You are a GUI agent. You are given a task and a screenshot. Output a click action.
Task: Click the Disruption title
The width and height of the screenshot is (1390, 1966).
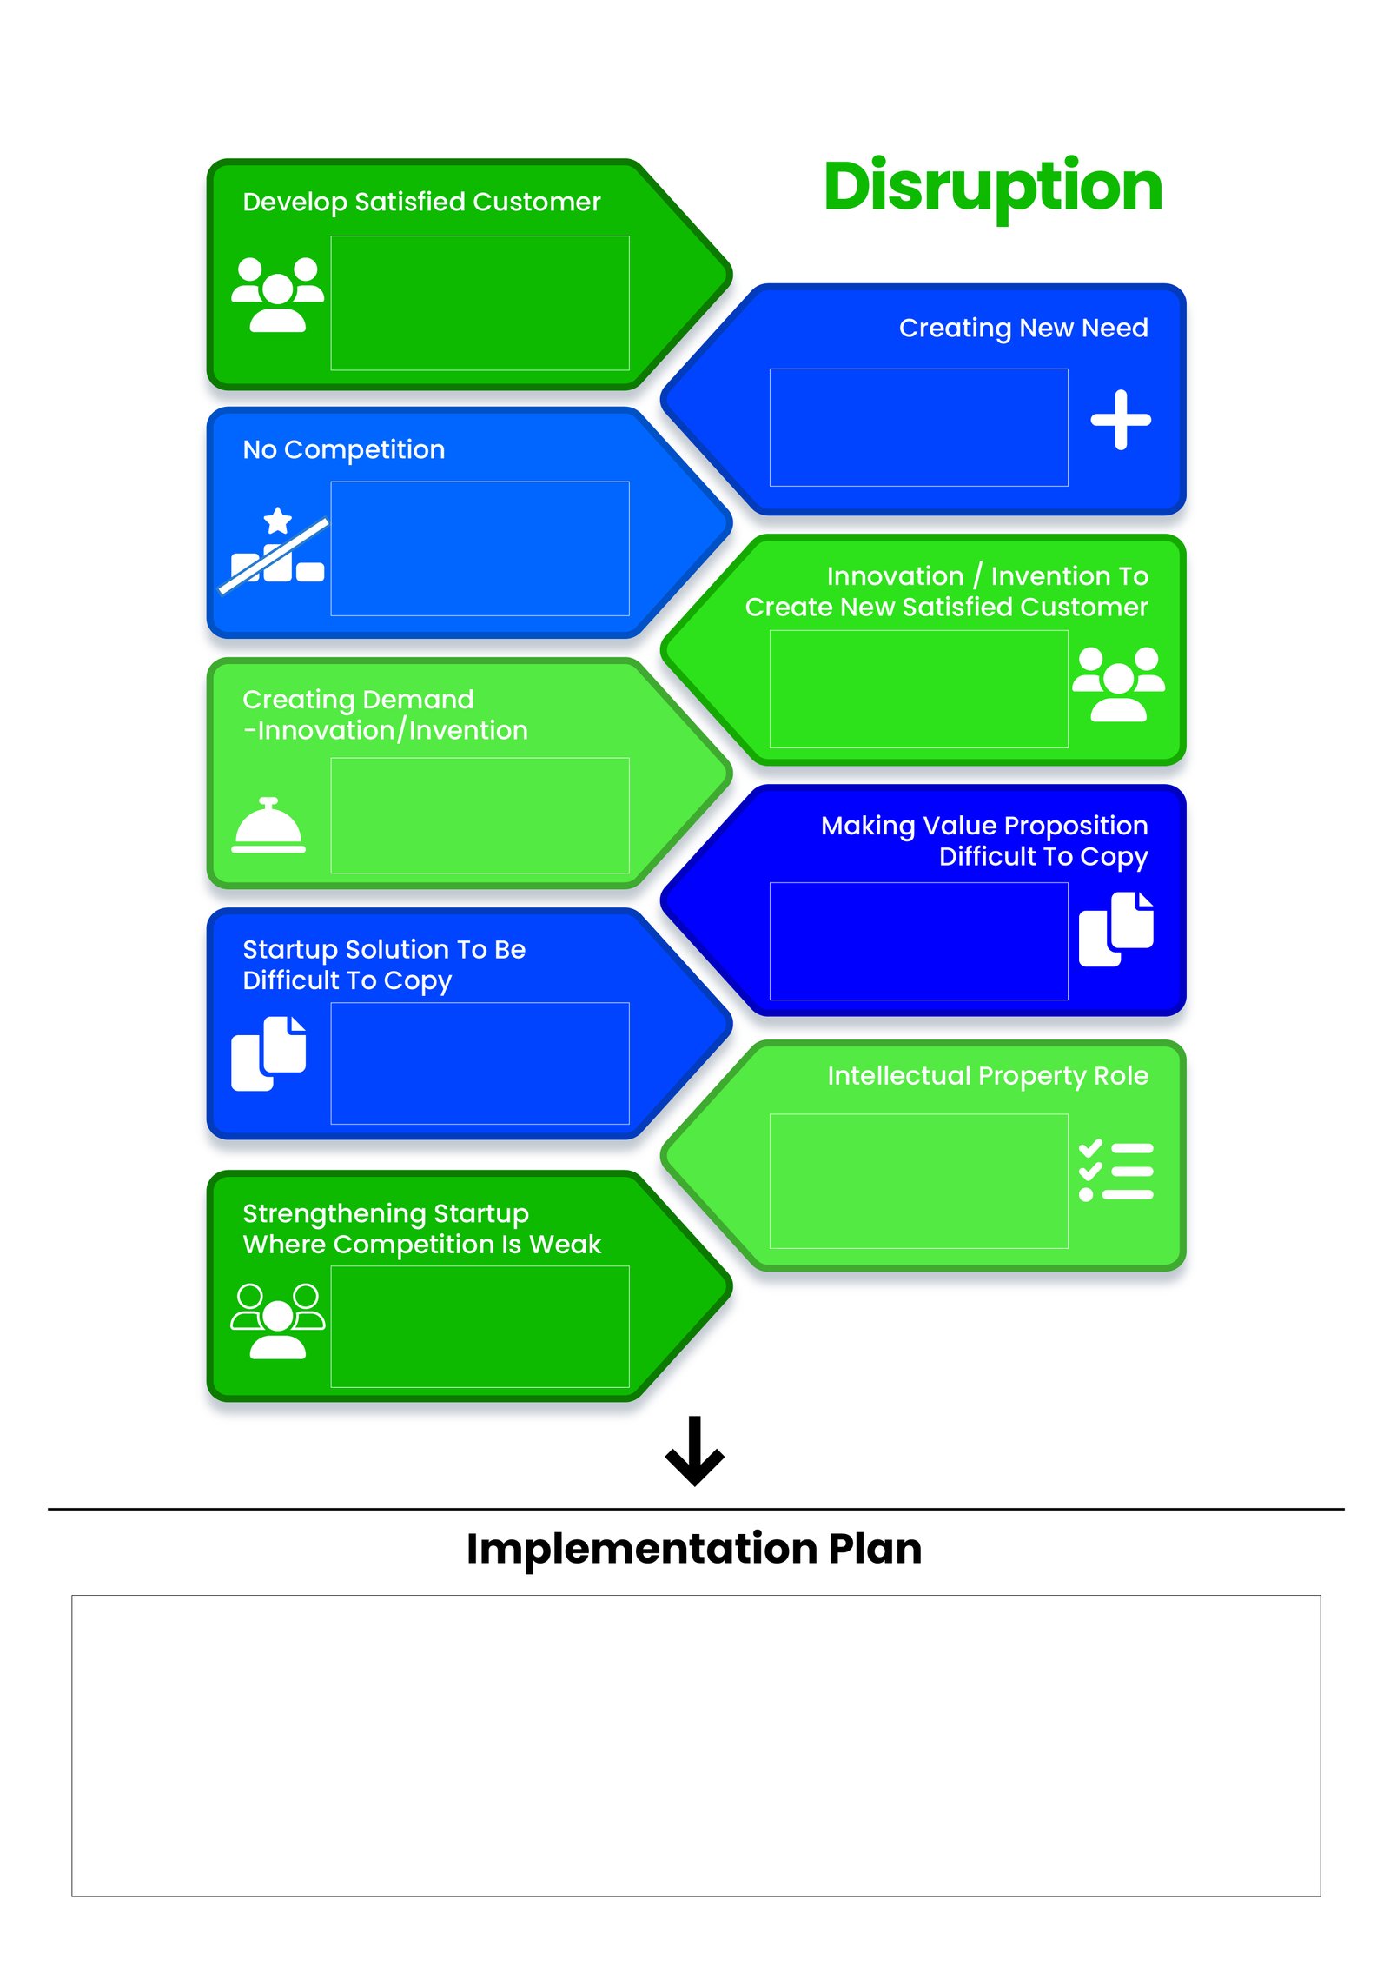(x=992, y=188)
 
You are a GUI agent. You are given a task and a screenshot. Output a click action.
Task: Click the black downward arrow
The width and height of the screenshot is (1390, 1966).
(x=694, y=1451)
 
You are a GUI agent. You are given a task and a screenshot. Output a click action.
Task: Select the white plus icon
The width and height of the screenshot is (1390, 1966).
(x=1121, y=420)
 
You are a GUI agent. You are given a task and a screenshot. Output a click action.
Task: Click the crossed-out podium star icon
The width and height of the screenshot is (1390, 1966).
(x=274, y=549)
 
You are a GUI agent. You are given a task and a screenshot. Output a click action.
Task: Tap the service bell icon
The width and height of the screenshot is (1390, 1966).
(x=268, y=825)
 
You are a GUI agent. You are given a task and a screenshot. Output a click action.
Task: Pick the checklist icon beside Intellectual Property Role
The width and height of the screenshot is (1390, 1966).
(x=1115, y=1170)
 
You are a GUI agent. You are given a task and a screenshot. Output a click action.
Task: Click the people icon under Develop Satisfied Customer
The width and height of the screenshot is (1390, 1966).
(x=277, y=295)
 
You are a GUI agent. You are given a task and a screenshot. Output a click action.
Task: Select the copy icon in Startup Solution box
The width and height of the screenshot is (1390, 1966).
(x=268, y=1053)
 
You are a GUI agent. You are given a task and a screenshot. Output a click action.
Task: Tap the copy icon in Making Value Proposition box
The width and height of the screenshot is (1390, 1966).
(x=1115, y=928)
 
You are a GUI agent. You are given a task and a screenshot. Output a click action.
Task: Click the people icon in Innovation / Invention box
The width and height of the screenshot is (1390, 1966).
(x=1118, y=684)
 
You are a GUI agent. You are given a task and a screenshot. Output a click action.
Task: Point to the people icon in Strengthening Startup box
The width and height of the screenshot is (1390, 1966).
(x=277, y=1320)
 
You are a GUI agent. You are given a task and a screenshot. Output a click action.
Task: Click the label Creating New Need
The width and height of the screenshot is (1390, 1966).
(x=1023, y=328)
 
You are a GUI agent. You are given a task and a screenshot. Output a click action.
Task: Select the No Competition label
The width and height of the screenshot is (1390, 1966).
(x=344, y=449)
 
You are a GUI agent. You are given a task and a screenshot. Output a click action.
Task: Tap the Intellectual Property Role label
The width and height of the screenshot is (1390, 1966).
(x=988, y=1076)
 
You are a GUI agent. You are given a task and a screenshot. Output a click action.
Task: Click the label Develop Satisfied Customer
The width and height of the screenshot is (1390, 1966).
(x=421, y=202)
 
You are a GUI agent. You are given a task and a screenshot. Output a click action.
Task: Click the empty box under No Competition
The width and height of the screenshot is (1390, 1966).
(x=480, y=548)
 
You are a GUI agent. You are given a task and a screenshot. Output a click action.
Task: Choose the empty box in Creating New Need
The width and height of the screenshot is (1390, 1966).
(x=918, y=427)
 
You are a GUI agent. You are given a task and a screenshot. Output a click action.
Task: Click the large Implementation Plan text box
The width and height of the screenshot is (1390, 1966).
(x=696, y=1745)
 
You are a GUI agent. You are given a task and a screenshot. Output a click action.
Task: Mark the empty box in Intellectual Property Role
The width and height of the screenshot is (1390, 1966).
(x=918, y=1180)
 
